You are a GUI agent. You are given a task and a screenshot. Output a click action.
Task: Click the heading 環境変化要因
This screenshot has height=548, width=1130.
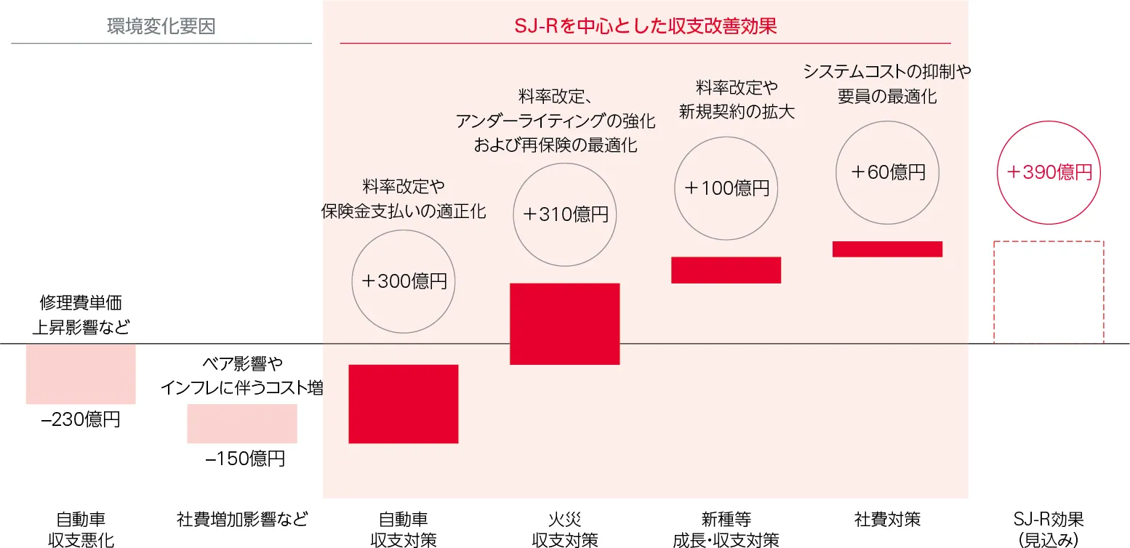[x=161, y=27]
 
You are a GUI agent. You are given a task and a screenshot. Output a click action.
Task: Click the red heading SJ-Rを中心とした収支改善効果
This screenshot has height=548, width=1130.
[x=645, y=27]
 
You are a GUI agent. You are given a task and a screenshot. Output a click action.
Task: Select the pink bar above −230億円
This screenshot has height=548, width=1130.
[x=81, y=374]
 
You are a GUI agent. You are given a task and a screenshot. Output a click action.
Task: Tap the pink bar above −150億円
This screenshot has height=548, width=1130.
[x=242, y=423]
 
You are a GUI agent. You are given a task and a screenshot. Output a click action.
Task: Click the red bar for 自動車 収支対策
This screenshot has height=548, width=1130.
[x=404, y=403]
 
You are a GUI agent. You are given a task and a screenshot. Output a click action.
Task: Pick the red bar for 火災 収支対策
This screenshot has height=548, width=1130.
[x=565, y=323]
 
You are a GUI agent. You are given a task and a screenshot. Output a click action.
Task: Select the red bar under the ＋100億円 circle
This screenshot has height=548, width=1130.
[x=726, y=270]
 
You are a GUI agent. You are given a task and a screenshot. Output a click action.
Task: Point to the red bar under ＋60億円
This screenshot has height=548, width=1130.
[x=887, y=249]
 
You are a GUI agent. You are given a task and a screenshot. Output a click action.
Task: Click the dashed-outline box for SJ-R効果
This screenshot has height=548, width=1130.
[x=1049, y=291]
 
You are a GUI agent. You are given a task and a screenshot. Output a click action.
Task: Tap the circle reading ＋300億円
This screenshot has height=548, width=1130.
[x=404, y=281]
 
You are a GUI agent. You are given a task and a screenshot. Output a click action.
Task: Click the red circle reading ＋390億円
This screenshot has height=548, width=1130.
[x=1049, y=172]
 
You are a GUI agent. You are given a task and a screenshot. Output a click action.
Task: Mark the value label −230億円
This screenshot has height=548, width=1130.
[x=81, y=419]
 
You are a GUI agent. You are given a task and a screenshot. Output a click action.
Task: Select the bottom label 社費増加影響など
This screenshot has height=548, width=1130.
[x=242, y=520]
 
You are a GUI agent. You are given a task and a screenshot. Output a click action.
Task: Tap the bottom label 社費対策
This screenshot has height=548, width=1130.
[x=887, y=520]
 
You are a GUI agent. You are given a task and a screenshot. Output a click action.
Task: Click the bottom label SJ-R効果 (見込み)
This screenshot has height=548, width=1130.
[x=1049, y=529]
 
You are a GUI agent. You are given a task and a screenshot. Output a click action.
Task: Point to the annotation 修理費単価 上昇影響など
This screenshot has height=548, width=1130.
[x=81, y=315]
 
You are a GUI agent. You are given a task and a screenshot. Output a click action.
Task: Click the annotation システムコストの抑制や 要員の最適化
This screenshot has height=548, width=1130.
[x=887, y=84]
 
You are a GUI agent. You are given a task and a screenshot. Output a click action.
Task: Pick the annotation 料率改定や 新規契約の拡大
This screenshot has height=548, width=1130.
[x=737, y=100]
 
